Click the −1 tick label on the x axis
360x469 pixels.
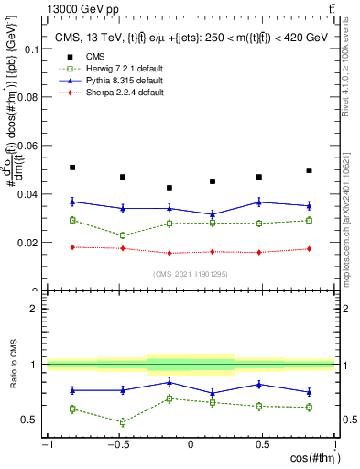(x=46, y=444)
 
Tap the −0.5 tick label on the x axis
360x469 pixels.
(x=118, y=444)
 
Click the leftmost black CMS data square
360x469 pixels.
(x=72, y=168)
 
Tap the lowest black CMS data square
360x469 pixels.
(x=169, y=188)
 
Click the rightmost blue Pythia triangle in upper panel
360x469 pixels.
(x=309, y=205)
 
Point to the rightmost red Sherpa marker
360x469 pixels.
(x=309, y=249)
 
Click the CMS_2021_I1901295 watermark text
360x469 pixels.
(x=190, y=274)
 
